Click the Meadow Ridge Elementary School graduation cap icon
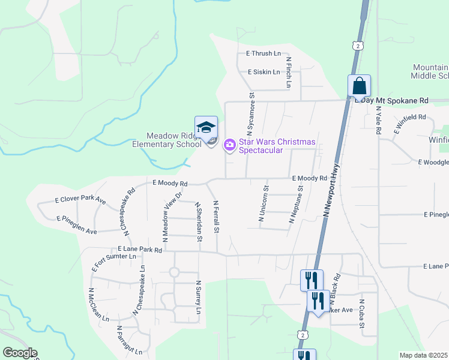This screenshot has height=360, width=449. point(206,127)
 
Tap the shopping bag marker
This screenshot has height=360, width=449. point(359,86)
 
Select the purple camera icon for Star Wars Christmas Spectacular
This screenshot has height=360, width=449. point(230,145)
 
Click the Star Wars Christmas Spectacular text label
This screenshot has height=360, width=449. point(277,146)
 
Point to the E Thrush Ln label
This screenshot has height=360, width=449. point(264,54)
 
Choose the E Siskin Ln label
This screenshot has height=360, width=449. point(264,72)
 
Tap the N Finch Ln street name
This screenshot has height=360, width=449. point(288,73)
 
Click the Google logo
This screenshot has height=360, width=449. point(19,353)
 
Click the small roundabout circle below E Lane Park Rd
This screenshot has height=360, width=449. point(174,272)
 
